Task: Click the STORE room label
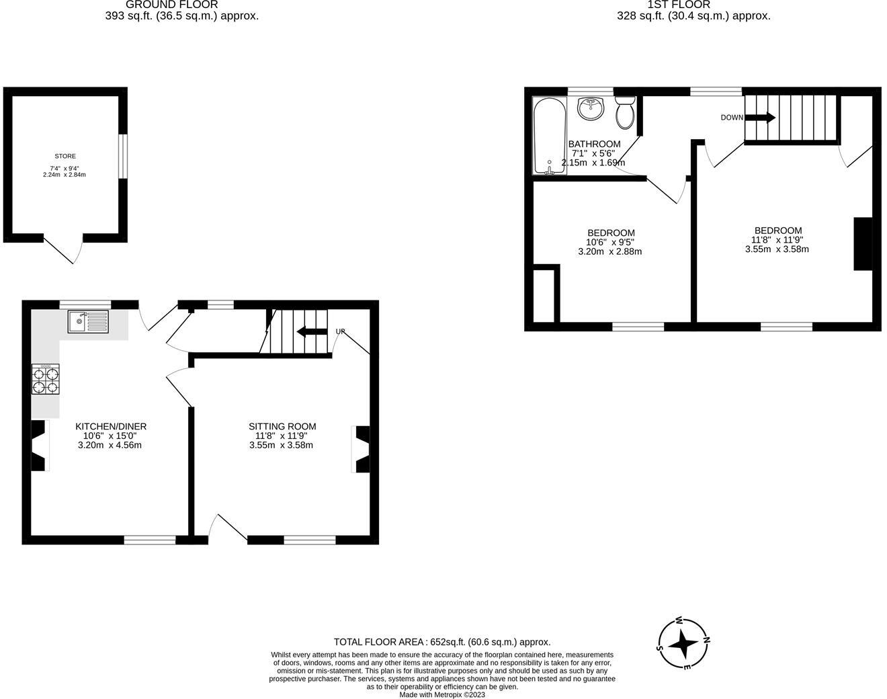[65, 156]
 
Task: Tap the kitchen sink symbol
[87, 321]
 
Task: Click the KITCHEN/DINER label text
[111, 426]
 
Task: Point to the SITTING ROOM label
[282, 426]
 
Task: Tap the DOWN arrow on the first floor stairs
[760, 118]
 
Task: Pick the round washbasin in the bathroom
[591, 108]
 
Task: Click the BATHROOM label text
[594, 144]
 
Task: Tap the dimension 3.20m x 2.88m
[609, 252]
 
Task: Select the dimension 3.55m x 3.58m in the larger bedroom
[777, 249]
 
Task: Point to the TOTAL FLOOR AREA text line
[442, 642]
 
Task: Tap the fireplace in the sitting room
[361, 449]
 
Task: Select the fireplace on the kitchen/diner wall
[39, 445]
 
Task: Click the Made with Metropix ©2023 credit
[442, 694]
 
